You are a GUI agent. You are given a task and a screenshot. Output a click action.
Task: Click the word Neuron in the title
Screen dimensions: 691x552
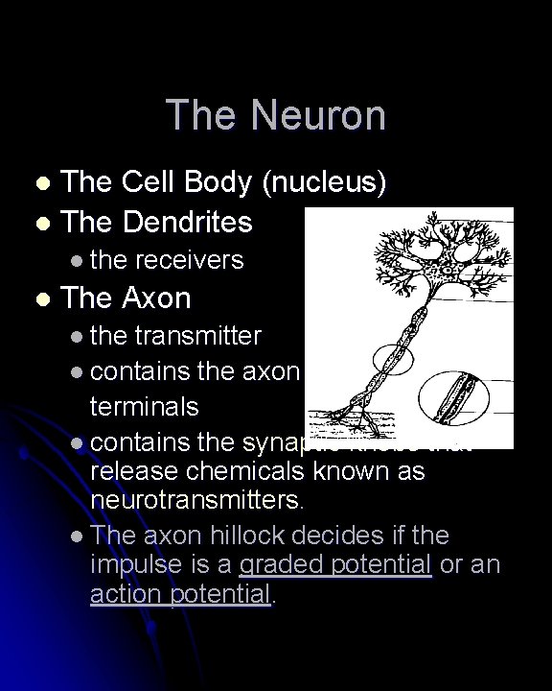319,115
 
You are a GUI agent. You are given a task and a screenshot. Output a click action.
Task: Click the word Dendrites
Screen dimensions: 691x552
186,222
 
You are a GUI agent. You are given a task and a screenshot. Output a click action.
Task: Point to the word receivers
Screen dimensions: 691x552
190,259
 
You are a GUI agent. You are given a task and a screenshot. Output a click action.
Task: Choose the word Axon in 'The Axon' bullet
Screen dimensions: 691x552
156,298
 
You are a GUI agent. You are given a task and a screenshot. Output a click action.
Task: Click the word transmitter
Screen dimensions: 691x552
197,336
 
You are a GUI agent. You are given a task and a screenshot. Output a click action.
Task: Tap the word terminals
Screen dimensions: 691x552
144,405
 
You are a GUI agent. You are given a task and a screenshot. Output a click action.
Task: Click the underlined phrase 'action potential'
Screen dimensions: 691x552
180,594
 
